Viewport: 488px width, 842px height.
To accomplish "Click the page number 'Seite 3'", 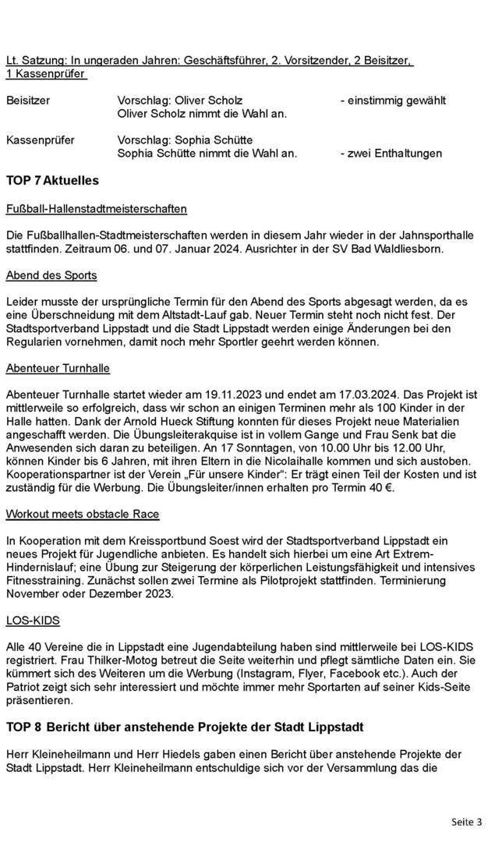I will tap(467, 822).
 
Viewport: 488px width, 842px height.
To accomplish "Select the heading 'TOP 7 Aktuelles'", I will tap(52, 180).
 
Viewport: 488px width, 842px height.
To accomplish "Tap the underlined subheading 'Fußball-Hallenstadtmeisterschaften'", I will tap(96, 209).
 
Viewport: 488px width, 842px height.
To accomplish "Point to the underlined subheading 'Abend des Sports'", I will tap(51, 275).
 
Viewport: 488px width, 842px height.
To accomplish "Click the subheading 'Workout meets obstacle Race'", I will tap(82, 514).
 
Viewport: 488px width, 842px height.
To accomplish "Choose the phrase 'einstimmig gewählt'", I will tap(397, 101).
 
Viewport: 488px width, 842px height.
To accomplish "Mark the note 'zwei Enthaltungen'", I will tap(394, 154).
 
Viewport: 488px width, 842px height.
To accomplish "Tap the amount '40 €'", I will tap(382, 488).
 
